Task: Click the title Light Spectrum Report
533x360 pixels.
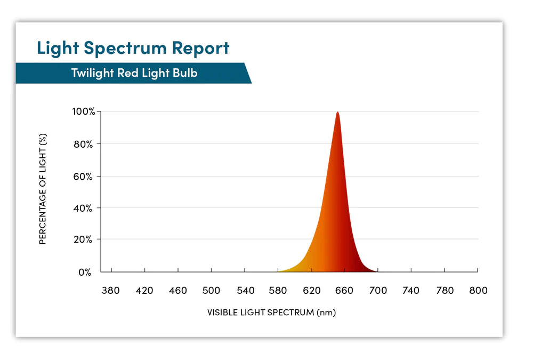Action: [133, 48]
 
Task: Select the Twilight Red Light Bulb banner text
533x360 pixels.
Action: [134, 73]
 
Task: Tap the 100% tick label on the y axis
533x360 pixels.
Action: [84, 112]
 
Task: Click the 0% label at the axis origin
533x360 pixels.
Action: [86, 273]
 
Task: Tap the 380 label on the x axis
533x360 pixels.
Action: [111, 291]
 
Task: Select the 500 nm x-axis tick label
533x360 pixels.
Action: [211, 291]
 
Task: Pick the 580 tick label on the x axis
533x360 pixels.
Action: [278, 291]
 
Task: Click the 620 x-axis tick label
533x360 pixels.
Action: [312, 291]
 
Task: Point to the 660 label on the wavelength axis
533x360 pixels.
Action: [345, 291]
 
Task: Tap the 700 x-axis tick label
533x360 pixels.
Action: [378, 291]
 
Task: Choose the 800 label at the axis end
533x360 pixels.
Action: [478, 291]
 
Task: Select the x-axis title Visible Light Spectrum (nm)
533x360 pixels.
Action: [271, 313]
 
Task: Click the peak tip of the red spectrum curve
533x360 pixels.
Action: [337, 113]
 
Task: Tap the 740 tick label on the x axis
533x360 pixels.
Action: [411, 291]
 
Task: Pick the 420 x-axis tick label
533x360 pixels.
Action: [144, 291]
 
